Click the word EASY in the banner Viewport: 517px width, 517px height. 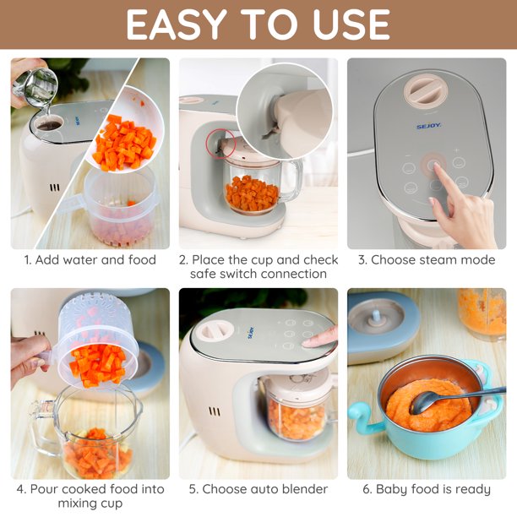click(177, 24)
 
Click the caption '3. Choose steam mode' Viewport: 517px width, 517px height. click(427, 260)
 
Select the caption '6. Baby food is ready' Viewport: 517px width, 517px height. click(427, 489)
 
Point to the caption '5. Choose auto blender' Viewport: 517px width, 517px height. click(258, 489)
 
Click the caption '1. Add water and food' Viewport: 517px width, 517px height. click(90, 260)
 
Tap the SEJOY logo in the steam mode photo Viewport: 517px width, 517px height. click(428, 126)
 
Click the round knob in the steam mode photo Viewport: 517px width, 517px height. click(426, 90)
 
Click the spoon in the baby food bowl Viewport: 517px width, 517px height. click(455, 400)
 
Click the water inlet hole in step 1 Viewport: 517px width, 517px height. click(49, 124)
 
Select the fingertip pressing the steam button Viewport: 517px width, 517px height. click(436, 166)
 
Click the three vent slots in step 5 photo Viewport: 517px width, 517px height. click(215, 411)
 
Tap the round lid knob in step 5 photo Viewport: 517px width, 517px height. click(212, 330)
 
